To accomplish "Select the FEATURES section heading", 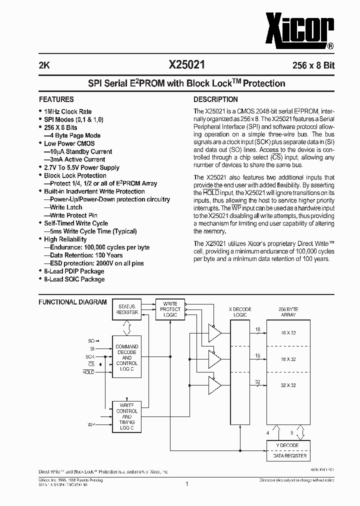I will [x=56, y=99].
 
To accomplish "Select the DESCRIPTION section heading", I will [x=215, y=99].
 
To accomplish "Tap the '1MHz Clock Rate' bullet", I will [x=67, y=111].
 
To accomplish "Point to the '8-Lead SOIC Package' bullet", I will [x=74, y=279].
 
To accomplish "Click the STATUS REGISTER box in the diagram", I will [x=127, y=309].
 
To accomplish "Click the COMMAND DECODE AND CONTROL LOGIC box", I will [x=127, y=357].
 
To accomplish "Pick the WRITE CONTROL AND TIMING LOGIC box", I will [x=127, y=416].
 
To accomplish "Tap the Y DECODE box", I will [x=286, y=445].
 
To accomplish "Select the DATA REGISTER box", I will [x=286, y=455].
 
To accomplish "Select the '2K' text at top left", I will [x=44, y=65].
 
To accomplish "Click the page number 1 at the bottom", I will [x=186, y=483].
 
